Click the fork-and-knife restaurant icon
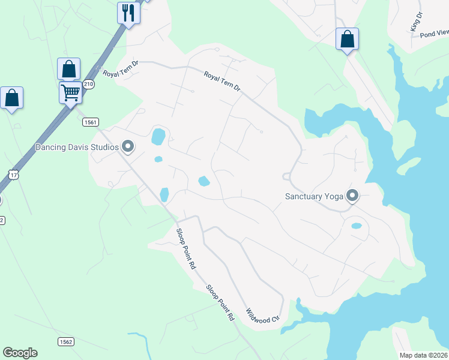tap(128, 13)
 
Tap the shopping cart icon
tap(70, 93)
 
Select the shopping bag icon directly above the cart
tap(68, 68)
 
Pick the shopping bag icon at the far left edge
tap(11, 98)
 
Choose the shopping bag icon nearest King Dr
tap(347, 39)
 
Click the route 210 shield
tap(89, 84)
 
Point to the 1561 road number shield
tap(90, 122)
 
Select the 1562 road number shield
tap(66, 341)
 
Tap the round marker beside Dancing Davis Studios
tap(127, 146)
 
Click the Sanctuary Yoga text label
tap(313, 196)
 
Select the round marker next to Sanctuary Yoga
tap(352, 196)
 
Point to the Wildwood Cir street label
tap(263, 316)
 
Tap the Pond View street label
tap(434, 34)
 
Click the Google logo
tap(20, 353)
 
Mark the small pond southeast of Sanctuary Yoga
tap(356, 226)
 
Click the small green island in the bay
tap(409, 165)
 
